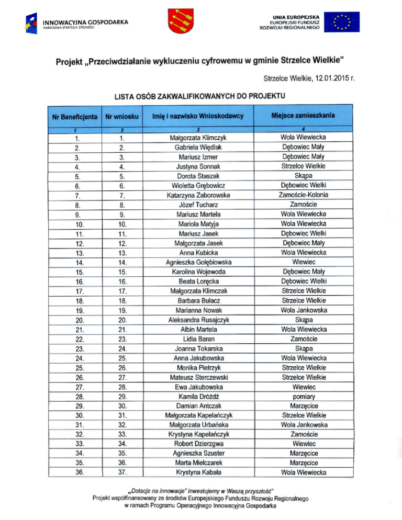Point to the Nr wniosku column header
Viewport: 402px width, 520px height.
pos(121,116)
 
